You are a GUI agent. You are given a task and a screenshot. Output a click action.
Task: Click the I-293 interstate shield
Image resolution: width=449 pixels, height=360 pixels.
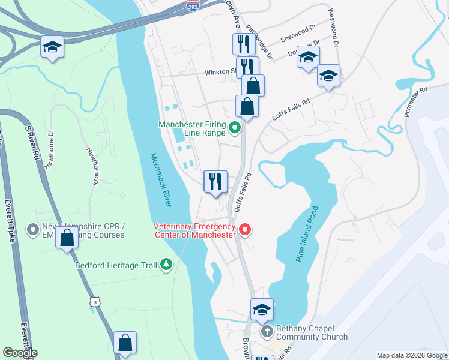tap(193, 6)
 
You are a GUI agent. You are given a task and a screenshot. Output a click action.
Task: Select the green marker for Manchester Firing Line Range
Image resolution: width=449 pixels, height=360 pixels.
tap(235, 127)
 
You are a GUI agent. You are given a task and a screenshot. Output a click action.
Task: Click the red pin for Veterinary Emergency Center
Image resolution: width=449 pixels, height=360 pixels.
tap(244, 229)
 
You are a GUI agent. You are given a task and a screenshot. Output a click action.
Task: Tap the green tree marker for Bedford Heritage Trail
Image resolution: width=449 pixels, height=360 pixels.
tap(166, 264)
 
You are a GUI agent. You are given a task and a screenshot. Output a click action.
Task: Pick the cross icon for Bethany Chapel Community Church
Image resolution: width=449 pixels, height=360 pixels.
tap(267, 331)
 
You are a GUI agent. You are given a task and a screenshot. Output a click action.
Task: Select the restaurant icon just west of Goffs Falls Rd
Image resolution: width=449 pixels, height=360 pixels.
tap(215, 181)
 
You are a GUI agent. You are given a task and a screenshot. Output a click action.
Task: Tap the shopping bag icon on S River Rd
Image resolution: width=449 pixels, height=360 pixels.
tap(67, 238)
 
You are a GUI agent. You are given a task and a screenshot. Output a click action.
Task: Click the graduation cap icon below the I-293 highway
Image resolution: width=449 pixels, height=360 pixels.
tap(52, 46)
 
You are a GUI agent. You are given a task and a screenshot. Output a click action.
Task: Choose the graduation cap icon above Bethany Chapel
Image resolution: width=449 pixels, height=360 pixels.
tap(262, 309)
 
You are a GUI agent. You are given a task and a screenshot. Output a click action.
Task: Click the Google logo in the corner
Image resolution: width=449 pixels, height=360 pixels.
tap(20, 353)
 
